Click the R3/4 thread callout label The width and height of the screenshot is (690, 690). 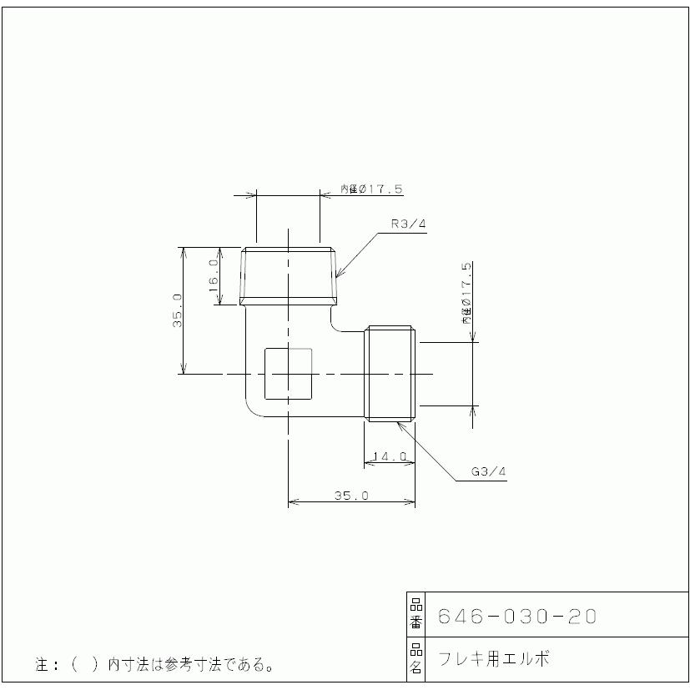click(409, 224)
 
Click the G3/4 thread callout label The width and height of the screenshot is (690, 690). click(489, 471)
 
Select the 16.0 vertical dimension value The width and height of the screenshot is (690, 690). click(214, 275)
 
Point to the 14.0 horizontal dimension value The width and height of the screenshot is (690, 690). click(390, 456)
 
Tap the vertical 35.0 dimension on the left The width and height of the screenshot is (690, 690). click(177, 310)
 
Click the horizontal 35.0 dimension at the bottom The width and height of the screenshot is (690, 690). click(351, 495)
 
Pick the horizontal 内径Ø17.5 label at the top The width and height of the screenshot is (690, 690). click(371, 189)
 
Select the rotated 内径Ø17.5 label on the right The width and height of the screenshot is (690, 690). click(467, 294)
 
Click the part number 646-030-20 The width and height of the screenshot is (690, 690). click(517, 616)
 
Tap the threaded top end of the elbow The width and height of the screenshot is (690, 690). click(289, 275)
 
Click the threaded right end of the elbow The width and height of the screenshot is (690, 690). click(390, 375)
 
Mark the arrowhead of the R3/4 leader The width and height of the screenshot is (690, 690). click(337, 275)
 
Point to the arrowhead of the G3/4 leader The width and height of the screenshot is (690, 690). click(400, 424)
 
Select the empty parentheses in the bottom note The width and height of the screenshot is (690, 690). click(85, 665)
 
